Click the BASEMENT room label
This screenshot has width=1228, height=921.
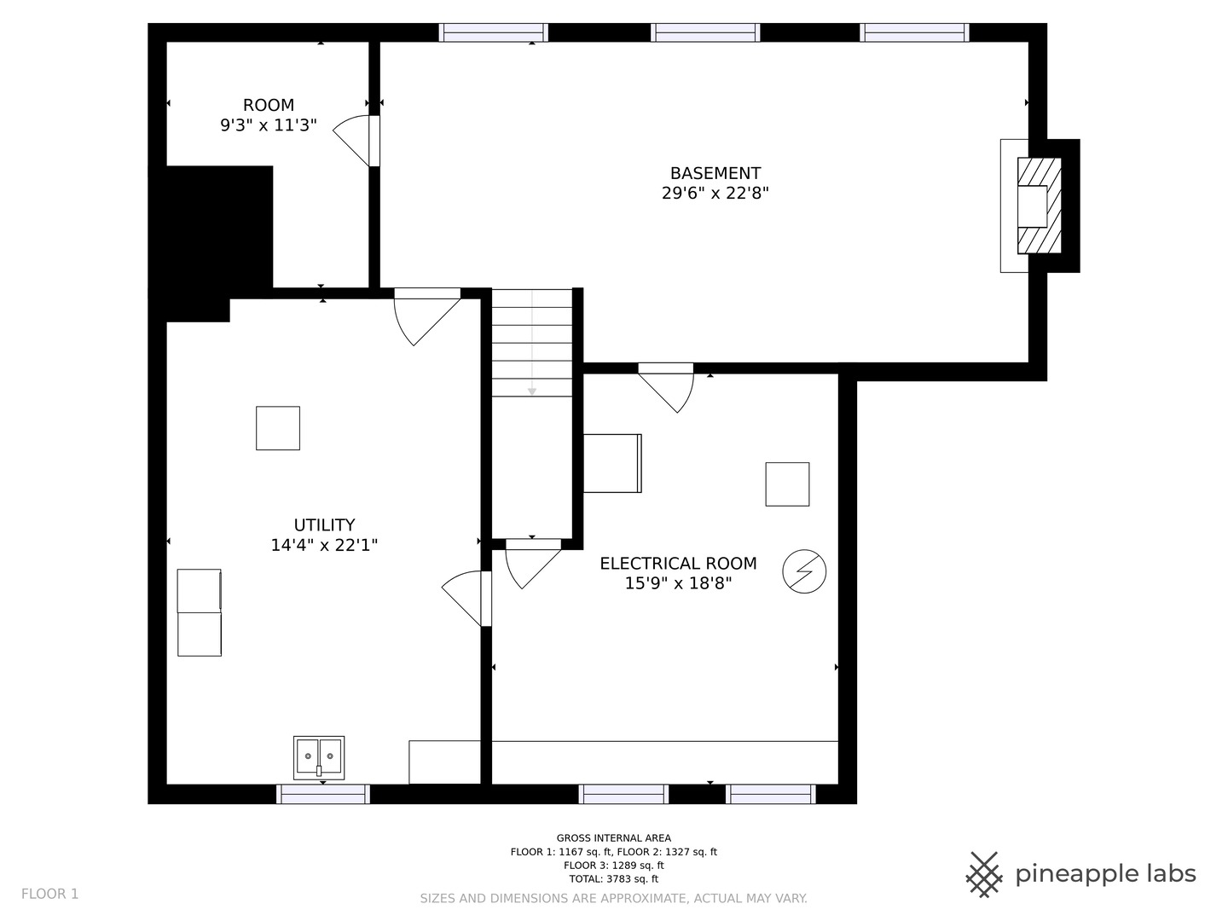tap(715, 173)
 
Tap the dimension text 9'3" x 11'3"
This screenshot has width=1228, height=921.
tap(269, 125)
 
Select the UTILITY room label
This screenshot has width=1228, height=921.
tap(325, 524)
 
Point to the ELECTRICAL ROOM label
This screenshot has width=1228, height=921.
tap(678, 563)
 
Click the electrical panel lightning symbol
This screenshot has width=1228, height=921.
tap(804, 571)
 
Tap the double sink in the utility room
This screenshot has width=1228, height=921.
tap(319, 758)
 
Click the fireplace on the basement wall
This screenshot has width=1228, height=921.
tap(1039, 206)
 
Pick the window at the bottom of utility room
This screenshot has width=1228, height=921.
tap(323, 794)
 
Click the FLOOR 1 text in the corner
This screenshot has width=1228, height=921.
tap(49, 894)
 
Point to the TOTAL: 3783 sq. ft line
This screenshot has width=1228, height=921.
tap(614, 878)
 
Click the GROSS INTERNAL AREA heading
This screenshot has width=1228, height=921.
tap(614, 837)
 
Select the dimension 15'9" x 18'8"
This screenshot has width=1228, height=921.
tap(678, 583)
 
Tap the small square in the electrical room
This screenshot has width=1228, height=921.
tap(787, 484)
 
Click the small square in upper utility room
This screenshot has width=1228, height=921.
tap(278, 428)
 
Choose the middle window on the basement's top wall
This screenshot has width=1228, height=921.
tap(705, 32)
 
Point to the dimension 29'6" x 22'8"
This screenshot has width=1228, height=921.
tap(715, 193)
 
